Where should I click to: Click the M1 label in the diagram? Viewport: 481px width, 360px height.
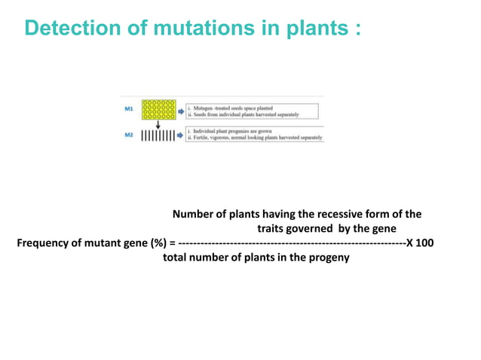(x=130, y=108)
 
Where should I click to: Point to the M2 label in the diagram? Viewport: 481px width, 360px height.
(x=130, y=134)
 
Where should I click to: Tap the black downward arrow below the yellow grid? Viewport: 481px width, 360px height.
(x=158, y=125)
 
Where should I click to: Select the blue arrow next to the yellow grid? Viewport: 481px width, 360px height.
(x=181, y=109)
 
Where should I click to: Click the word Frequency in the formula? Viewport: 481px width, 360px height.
(x=42, y=243)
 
